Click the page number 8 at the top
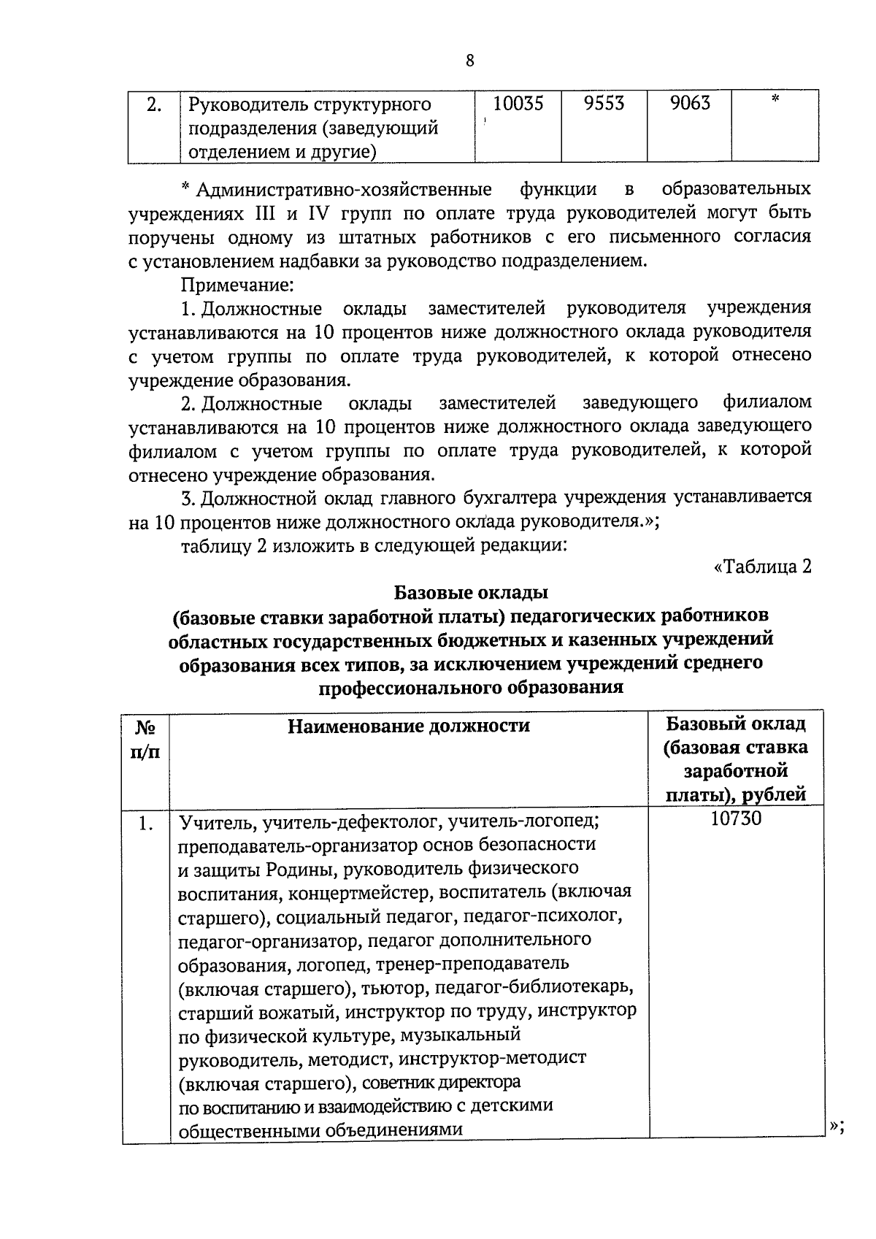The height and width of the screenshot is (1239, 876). tap(469, 61)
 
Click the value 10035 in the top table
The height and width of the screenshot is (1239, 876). tap(518, 104)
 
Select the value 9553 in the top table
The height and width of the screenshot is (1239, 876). tap(604, 104)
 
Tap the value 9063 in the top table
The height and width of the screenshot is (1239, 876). tap(690, 104)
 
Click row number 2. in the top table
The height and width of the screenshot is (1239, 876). tap(154, 105)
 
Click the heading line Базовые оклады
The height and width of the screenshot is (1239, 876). tap(471, 591)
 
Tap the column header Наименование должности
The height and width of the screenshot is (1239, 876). tap(409, 726)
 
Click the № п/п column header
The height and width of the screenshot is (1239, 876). tap(146, 739)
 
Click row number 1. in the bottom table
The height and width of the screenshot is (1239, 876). tap(146, 824)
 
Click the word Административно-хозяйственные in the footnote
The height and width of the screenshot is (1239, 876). tap(344, 190)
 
